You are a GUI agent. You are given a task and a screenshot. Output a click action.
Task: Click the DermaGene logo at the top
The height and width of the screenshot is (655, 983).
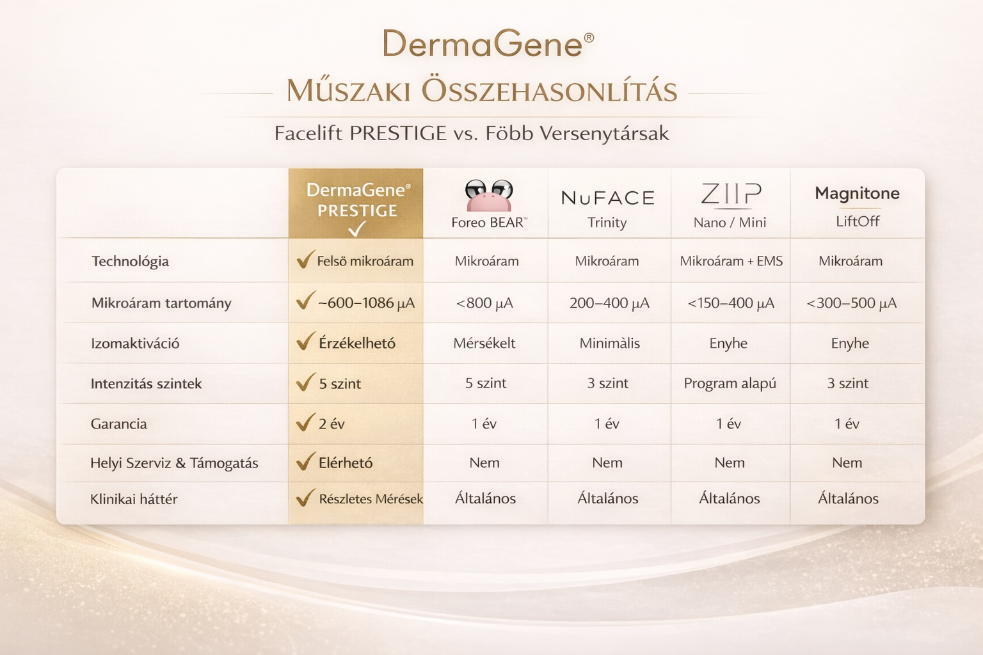[488, 44]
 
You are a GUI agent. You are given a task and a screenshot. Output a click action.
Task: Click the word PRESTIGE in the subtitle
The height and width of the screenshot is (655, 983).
[398, 133]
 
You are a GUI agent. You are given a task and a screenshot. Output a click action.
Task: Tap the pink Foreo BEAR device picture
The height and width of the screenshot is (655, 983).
[489, 196]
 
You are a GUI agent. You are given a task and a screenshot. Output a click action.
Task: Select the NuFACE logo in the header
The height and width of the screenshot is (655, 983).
[608, 198]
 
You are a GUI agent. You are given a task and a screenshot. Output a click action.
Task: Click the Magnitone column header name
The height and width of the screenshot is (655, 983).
[857, 193]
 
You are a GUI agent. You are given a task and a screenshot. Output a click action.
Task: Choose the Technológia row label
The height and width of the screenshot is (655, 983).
[130, 262]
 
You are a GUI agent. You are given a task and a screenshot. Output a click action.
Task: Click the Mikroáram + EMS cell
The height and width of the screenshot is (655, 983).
[731, 261]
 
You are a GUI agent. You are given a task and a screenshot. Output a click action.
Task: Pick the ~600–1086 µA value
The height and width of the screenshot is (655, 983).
[366, 303]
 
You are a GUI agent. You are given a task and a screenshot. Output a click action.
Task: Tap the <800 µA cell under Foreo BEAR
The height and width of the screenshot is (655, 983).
[484, 303]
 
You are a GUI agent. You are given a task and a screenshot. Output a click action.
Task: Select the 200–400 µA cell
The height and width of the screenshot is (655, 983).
[609, 303]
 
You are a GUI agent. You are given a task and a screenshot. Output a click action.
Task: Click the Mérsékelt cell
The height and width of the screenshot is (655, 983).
[484, 343]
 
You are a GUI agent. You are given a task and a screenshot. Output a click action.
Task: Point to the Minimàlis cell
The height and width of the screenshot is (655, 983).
[609, 343]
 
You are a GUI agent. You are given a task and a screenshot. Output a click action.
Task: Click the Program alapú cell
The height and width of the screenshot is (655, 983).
[730, 383]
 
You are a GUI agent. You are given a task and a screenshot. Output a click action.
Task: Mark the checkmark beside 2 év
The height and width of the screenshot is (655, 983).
[305, 422]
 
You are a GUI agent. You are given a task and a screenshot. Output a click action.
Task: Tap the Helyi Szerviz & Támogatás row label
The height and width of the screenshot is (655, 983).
[174, 463]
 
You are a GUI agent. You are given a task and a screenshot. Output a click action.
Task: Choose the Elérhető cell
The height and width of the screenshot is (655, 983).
[346, 463]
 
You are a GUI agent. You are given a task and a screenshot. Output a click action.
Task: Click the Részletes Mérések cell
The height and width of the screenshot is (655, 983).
[371, 499]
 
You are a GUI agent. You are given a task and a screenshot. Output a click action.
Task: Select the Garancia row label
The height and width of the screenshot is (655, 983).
[118, 424]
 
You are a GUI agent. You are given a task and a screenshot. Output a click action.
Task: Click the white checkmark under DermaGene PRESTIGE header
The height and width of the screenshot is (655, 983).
[356, 228]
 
